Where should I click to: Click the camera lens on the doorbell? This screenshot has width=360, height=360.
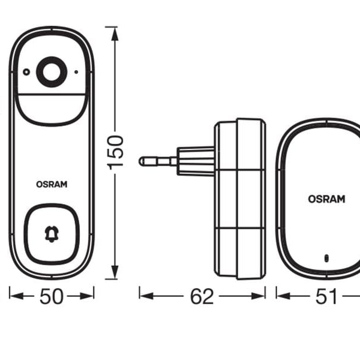(51, 71)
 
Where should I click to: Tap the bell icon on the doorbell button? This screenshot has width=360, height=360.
(52, 234)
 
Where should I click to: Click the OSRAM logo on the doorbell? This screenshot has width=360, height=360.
(52, 185)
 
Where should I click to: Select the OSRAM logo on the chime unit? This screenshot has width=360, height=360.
(326, 199)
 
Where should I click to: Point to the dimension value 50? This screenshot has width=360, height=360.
(52, 296)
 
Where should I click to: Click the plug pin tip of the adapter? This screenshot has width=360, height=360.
(142, 161)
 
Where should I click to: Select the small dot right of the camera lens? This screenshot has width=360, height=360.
(76, 71)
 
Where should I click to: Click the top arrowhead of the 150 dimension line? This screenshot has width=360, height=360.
(112, 30)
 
